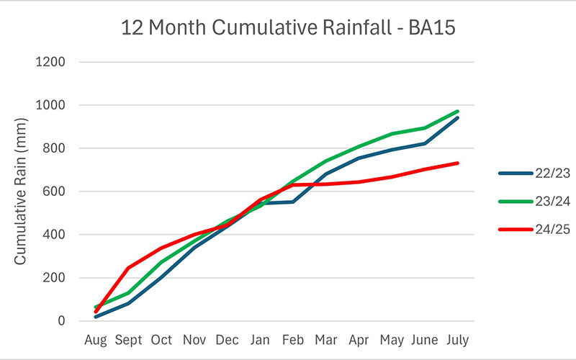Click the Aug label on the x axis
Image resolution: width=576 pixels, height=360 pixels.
(x=96, y=338)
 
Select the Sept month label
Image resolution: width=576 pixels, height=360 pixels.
(x=128, y=338)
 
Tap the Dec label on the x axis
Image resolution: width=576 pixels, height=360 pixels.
(x=228, y=338)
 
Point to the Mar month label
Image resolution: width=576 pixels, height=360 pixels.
(x=326, y=338)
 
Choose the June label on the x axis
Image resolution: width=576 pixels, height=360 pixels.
(x=425, y=338)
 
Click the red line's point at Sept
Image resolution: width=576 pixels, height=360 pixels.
(x=128, y=268)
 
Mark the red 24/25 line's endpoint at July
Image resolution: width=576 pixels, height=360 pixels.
(x=458, y=163)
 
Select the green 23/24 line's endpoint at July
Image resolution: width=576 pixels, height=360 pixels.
(x=458, y=112)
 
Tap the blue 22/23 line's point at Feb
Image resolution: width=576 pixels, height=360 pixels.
(x=293, y=202)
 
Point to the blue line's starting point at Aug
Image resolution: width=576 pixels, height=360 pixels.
(x=96, y=317)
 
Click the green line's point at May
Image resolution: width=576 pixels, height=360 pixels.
(x=392, y=134)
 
